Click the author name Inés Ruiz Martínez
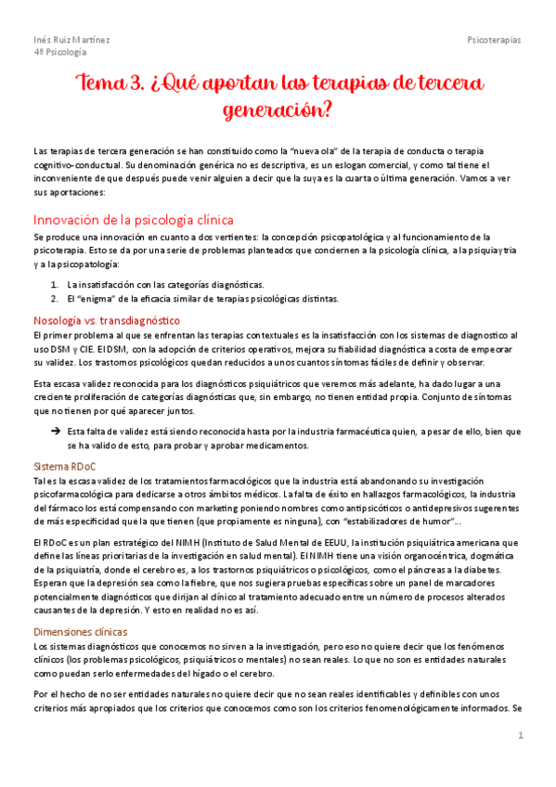[x=71, y=40]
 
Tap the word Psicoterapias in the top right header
[x=494, y=40]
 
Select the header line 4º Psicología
[x=57, y=53]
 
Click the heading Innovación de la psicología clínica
[x=133, y=220]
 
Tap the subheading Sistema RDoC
[x=65, y=465]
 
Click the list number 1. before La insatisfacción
[x=55, y=284]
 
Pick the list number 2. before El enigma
[x=55, y=298]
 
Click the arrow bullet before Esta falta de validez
[x=56, y=432]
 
